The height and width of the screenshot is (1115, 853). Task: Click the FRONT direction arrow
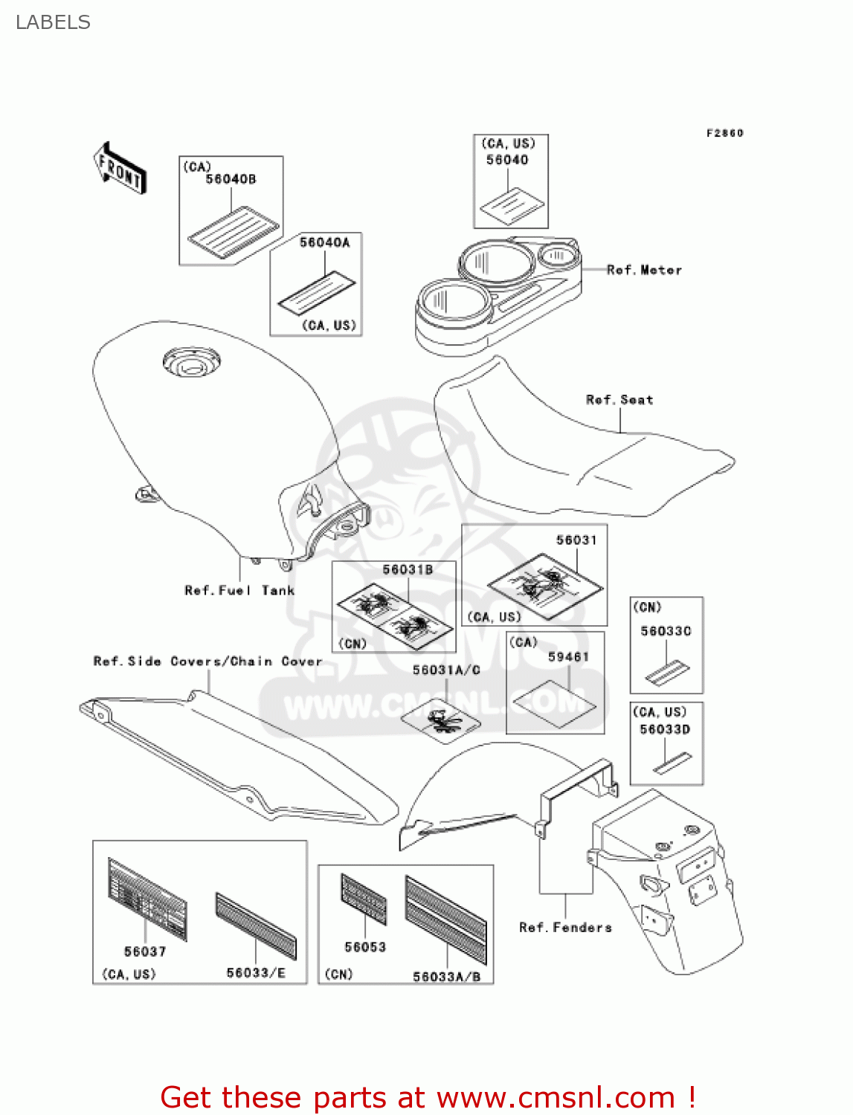point(120,169)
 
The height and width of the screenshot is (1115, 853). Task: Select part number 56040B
point(231,179)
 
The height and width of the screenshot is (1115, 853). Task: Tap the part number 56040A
point(324,242)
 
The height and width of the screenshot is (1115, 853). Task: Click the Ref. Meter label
point(644,270)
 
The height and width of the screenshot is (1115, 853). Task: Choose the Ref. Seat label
point(619,400)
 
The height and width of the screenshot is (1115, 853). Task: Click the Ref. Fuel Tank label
point(239,590)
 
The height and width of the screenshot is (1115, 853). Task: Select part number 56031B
point(408,569)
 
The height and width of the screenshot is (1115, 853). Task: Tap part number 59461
point(568,656)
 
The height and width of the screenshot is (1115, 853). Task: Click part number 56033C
point(666,631)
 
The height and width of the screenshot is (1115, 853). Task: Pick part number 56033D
point(665,729)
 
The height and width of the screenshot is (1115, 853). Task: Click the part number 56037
point(145,951)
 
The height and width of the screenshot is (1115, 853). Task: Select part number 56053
point(365,947)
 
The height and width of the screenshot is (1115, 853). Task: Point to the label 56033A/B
point(447,976)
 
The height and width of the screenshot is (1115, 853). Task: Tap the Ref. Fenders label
point(565,927)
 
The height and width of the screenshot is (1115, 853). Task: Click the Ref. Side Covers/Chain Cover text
point(207,661)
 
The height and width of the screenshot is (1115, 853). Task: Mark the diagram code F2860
point(724,133)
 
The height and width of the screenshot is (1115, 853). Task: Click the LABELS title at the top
point(53,22)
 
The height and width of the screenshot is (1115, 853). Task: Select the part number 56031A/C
point(446,670)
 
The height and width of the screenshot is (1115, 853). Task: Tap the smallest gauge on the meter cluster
point(557,256)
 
